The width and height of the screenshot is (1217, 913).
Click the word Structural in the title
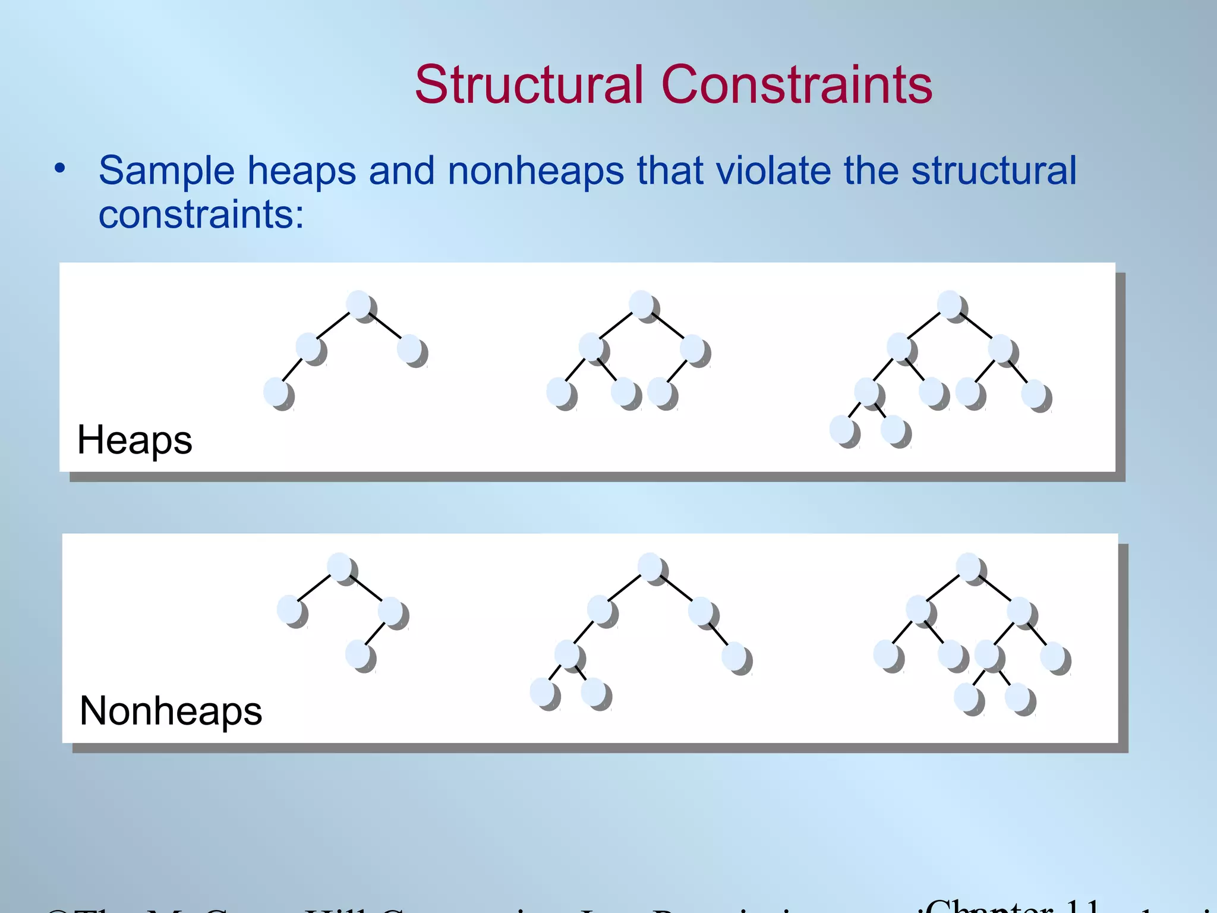click(529, 85)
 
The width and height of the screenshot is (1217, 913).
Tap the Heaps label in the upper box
click(135, 440)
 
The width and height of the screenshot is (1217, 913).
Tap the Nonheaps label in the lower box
click(171, 711)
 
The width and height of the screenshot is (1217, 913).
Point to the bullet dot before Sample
click(59, 169)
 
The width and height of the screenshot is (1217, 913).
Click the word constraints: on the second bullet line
click(201, 215)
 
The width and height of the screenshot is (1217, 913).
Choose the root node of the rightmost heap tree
click(951, 305)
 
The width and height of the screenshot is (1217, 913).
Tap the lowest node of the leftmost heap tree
click(277, 393)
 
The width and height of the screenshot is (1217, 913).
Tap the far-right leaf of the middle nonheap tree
click(736, 657)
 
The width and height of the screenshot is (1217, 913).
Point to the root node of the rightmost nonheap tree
click(970, 568)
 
